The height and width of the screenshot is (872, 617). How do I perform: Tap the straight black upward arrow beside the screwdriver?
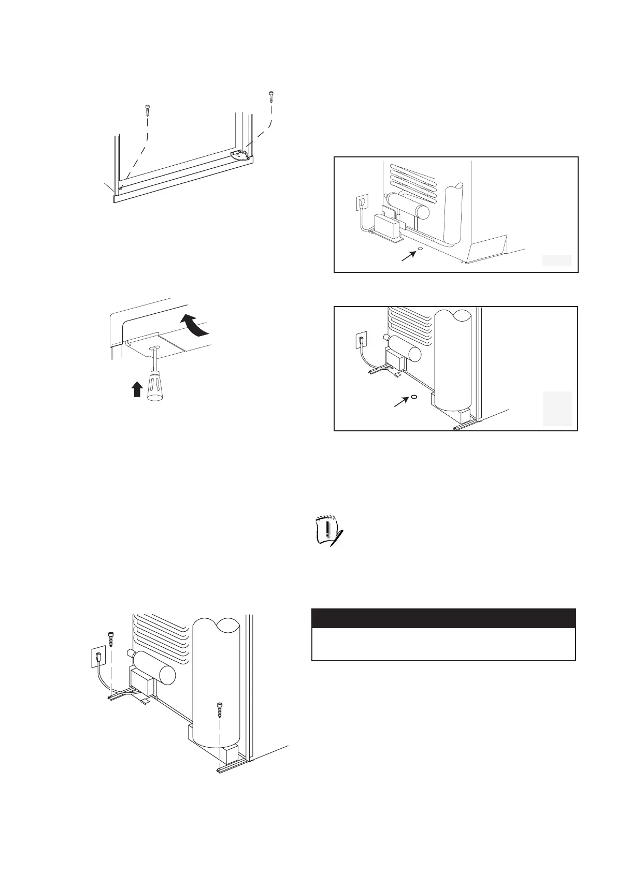(136, 389)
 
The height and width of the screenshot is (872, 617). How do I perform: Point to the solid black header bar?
(443, 618)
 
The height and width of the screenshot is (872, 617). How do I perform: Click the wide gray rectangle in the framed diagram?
(557, 260)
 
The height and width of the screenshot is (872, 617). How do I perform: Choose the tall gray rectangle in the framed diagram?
(557, 409)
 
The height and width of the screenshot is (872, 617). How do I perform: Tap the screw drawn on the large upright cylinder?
(220, 706)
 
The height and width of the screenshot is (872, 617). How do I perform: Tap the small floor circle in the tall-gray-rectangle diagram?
(414, 397)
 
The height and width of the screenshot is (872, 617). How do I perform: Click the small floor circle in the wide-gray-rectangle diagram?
(420, 249)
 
